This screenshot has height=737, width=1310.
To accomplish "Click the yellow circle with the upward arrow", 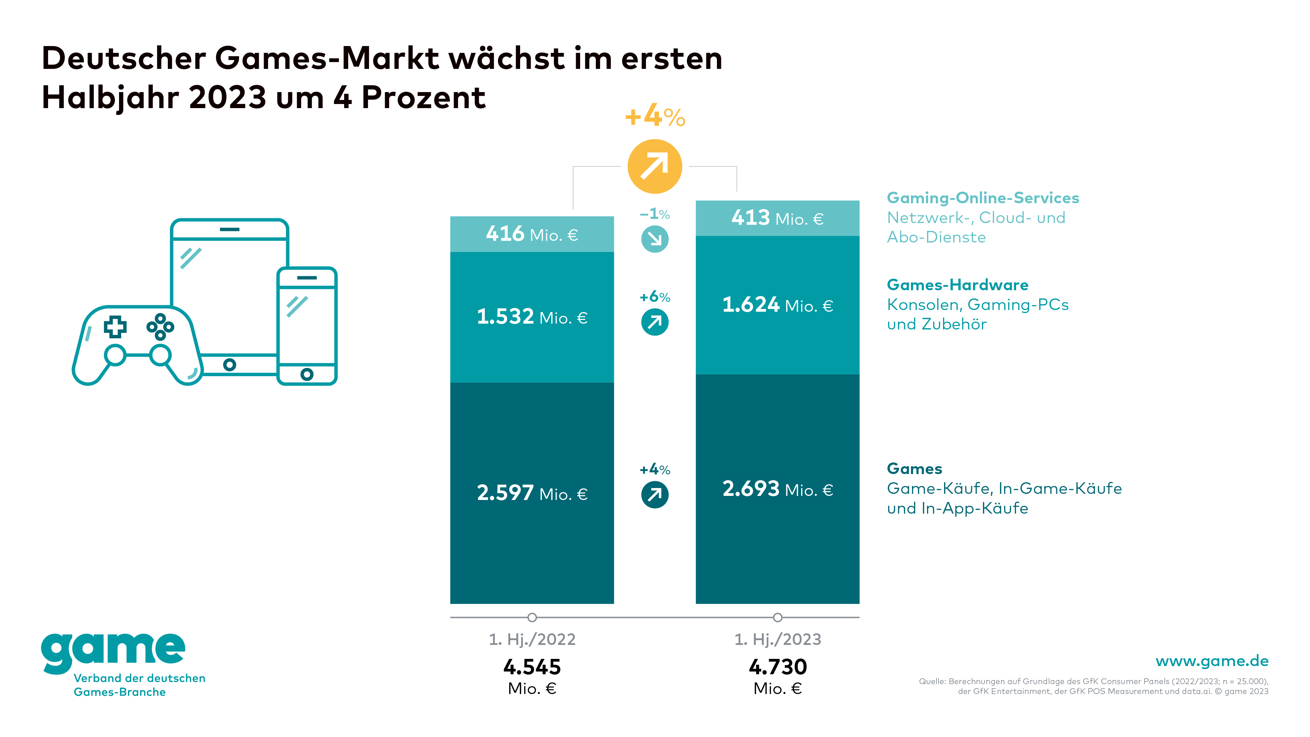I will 654,166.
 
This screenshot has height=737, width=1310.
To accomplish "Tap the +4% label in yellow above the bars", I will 655,117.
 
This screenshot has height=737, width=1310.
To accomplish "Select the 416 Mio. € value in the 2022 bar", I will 532,234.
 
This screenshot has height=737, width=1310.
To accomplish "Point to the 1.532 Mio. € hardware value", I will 532,317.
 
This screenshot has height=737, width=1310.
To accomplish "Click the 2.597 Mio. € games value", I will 532,493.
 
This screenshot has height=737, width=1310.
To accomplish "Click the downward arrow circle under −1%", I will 654,239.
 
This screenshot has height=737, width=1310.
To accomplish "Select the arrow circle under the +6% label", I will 654,322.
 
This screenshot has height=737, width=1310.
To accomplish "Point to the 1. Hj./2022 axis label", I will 532,639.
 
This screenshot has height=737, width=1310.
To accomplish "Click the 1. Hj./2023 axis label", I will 778,639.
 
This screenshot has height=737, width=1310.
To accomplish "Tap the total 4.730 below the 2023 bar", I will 778,667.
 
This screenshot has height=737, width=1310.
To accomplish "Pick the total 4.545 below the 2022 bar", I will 532,667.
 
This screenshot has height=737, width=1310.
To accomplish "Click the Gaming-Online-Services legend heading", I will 983,198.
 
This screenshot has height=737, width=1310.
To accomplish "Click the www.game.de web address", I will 1212,661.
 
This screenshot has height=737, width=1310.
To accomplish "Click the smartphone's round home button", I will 307,374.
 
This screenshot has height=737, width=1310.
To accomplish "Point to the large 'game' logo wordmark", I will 113,652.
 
